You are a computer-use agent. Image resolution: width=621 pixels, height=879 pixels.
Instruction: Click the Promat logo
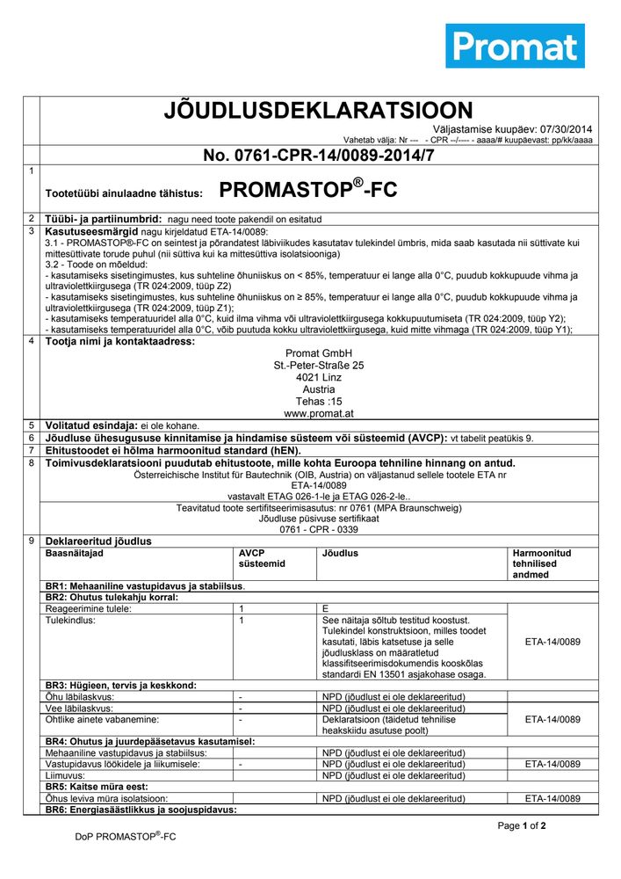pos(515,46)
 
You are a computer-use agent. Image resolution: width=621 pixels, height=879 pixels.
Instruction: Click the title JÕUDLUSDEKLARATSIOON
pos(318,110)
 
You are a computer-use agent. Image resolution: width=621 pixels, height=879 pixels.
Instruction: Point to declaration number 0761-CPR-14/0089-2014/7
pos(318,156)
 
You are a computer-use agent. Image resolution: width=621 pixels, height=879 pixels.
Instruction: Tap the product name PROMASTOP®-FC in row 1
pos(302,189)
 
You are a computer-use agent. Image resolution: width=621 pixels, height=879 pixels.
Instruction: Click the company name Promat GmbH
pos(318,353)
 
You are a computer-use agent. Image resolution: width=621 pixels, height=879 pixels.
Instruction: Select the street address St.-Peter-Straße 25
pos(318,365)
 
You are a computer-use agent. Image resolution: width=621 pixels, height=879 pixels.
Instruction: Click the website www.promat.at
pos(318,412)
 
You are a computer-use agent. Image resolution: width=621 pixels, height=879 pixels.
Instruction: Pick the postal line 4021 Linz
pos(318,376)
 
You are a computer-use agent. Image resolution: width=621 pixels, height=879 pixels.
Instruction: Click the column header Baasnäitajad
pos(74,554)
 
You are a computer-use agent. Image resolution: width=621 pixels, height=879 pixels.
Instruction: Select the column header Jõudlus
pos(340,554)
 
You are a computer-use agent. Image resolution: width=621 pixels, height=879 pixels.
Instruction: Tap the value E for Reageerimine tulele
pos(325,608)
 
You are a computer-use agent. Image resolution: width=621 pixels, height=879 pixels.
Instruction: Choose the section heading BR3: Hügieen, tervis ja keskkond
pos(120,685)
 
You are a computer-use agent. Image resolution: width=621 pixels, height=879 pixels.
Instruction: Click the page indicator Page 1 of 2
pos(522,826)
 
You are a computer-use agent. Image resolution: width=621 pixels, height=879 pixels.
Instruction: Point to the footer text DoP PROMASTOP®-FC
pos(126,837)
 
